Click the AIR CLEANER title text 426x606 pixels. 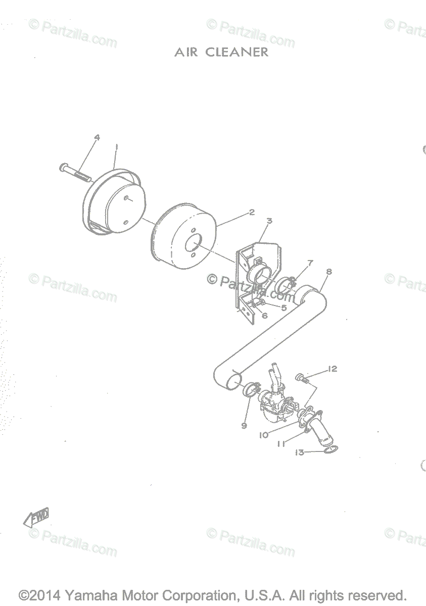tap(221, 52)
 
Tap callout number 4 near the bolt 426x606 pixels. tap(97, 137)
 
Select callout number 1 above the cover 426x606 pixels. tap(117, 146)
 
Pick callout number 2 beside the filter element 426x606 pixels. tap(251, 212)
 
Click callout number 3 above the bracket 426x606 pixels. tap(269, 221)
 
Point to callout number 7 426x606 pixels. tap(310, 263)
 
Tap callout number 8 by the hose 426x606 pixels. tap(329, 272)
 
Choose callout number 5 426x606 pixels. tap(284, 307)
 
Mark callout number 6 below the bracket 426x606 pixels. tap(264, 316)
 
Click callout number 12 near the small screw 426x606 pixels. tap(332, 369)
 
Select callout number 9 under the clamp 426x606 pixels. tap(244, 426)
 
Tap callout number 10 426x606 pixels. tap(263, 435)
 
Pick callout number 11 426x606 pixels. tap(281, 444)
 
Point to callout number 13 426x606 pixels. tap(300, 452)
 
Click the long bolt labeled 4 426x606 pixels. tap(74, 171)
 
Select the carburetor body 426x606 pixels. tap(273, 404)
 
